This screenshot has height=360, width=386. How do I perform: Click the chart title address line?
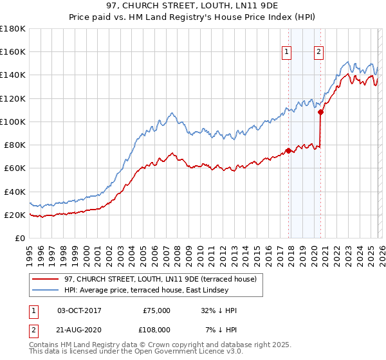point(193,6)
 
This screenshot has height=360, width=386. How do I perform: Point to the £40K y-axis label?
point(15,192)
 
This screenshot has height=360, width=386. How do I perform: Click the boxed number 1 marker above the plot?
point(286,53)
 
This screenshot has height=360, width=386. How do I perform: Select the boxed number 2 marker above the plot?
point(318,53)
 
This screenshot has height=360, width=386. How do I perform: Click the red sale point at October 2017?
point(288,151)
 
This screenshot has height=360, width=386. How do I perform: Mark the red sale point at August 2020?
point(320,113)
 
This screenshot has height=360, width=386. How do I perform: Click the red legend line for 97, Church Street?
point(46,279)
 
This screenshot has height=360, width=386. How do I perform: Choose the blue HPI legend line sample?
point(46,291)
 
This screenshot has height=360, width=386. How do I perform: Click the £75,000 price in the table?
point(156,310)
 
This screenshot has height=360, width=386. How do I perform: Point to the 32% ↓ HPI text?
point(219,310)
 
